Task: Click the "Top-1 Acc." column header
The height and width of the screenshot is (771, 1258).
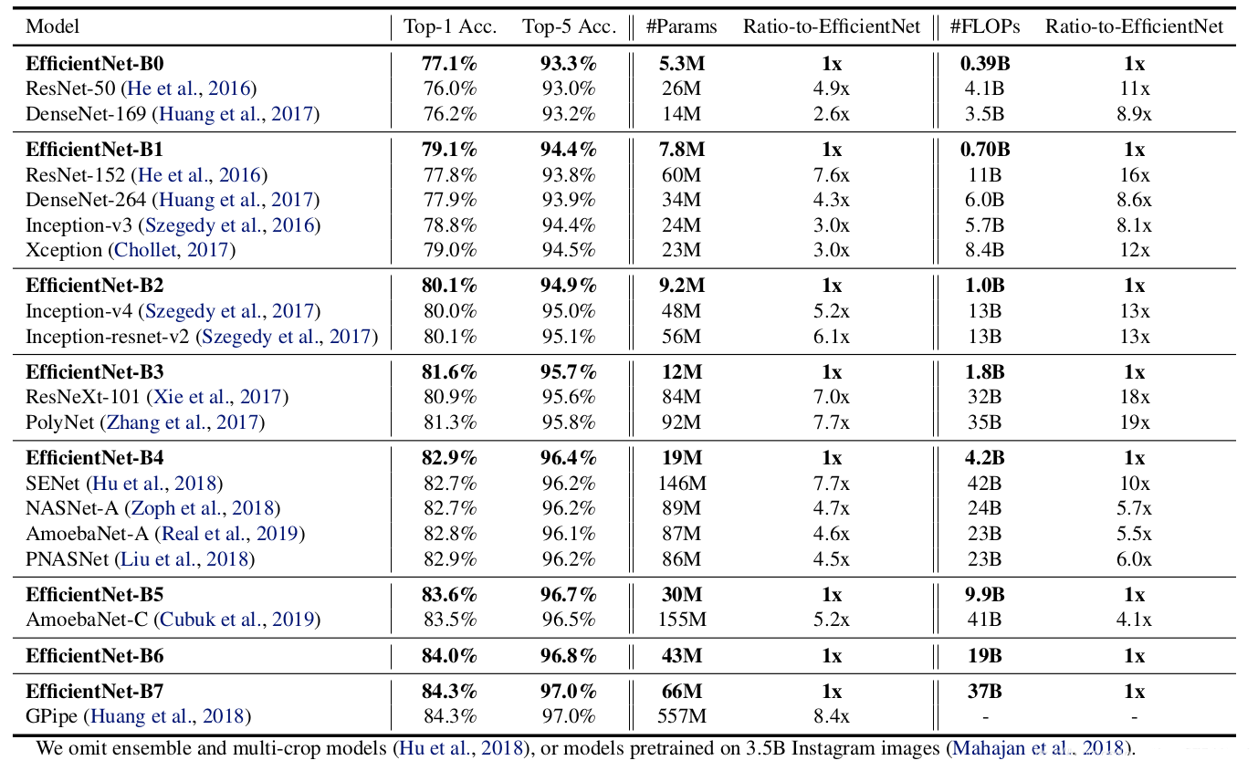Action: [x=450, y=26]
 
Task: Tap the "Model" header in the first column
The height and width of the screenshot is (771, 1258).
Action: [x=53, y=26]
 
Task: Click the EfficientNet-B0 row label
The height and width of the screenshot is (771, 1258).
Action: [x=94, y=64]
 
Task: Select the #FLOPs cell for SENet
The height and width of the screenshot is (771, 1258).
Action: [x=983, y=484]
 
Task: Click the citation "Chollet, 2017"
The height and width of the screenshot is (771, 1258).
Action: [x=172, y=250]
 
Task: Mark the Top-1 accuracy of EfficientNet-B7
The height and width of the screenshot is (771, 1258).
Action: [x=449, y=692]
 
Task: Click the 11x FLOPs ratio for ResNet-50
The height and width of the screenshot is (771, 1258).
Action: [x=1134, y=89]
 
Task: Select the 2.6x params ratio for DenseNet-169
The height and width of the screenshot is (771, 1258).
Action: [x=831, y=114]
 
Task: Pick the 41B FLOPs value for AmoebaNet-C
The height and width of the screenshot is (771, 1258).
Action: [x=983, y=620]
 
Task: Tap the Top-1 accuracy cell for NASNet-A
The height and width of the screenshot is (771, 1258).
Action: [x=449, y=508]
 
